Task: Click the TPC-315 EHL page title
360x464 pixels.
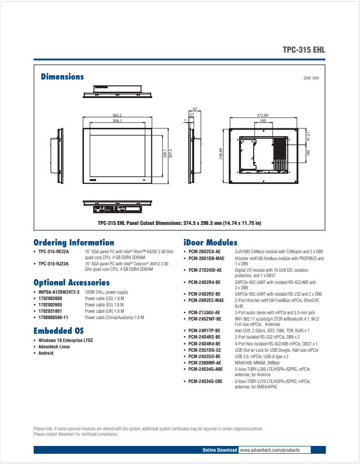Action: [x=303, y=50]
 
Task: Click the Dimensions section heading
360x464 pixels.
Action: [x=62, y=77]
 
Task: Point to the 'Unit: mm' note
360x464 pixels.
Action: [x=311, y=78]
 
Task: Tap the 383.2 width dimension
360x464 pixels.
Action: [x=117, y=115]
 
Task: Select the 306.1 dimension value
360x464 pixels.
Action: [x=117, y=121]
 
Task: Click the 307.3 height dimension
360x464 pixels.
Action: [x=170, y=153]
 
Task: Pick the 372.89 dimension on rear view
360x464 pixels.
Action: [x=262, y=115]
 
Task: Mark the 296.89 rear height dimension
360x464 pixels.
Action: [x=221, y=154]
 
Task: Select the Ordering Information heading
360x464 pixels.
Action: [x=74, y=242]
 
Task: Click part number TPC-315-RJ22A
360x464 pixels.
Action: [x=54, y=263]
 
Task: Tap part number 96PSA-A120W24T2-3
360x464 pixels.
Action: [x=59, y=292]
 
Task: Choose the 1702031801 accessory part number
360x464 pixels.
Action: [x=50, y=311]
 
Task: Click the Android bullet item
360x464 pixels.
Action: [x=46, y=353]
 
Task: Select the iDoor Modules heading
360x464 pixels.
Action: [x=210, y=242]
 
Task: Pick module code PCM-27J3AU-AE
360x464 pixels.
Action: [x=204, y=313]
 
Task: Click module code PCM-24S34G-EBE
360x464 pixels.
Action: [x=205, y=381]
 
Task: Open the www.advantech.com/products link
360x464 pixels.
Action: [x=269, y=450]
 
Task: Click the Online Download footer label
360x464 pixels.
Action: [x=220, y=450]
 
